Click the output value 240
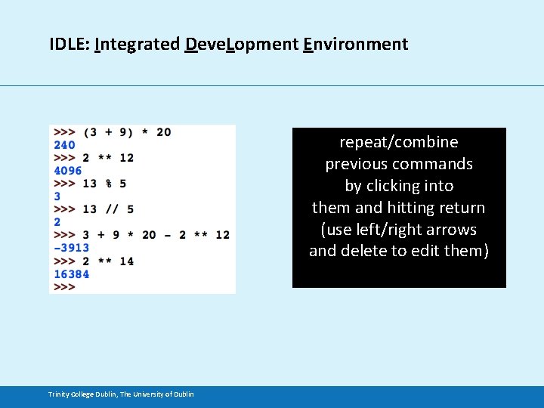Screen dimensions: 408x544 (x=64, y=145)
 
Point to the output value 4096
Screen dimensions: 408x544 (x=67, y=171)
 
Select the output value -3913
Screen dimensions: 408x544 (x=71, y=248)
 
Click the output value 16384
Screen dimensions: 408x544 (x=71, y=274)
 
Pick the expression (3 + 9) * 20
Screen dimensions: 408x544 (x=127, y=132)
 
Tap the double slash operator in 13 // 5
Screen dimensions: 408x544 (x=110, y=209)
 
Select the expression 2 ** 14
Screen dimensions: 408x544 (x=108, y=261)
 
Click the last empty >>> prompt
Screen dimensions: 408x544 (x=64, y=287)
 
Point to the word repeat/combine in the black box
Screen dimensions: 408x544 (x=399, y=142)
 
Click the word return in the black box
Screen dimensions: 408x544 (x=459, y=207)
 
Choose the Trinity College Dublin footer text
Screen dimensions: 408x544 (x=121, y=394)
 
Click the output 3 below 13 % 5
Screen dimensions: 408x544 (x=57, y=196)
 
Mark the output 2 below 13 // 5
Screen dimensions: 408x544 (x=57, y=222)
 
